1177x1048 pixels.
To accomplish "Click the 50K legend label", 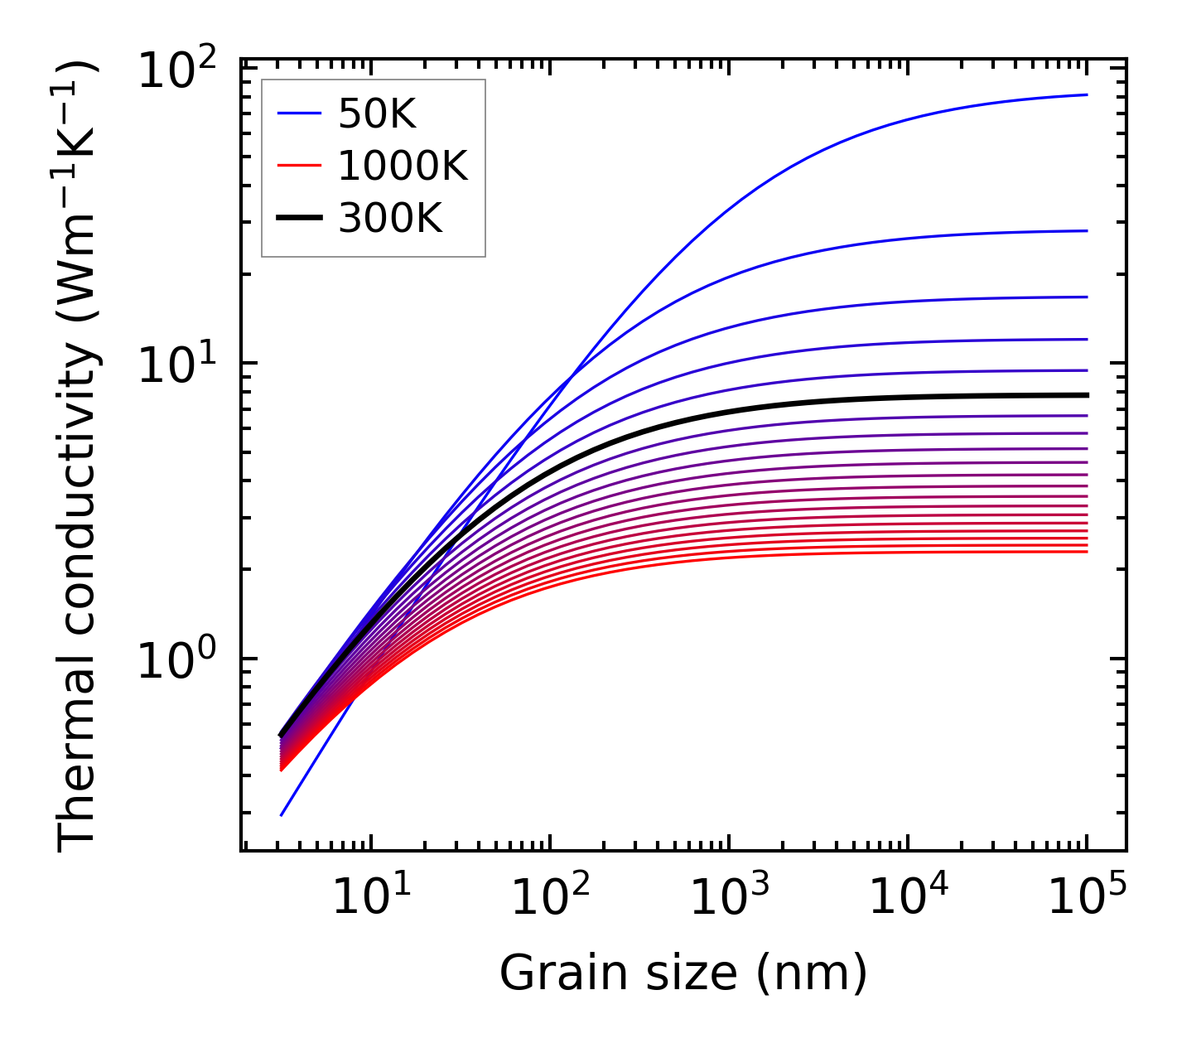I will pyautogui.click(x=377, y=115).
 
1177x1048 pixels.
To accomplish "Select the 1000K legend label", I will pyautogui.click(x=403, y=167).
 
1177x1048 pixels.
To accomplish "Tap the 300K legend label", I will pyautogui.click(x=390, y=219).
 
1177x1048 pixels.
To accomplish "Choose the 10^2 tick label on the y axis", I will pyautogui.click(x=176, y=72).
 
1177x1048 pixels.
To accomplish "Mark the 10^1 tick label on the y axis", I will pyautogui.click(x=176, y=365).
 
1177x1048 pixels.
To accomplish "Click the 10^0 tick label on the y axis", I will pyautogui.click(x=176, y=662).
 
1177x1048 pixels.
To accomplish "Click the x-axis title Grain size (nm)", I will pyautogui.click(x=683, y=973).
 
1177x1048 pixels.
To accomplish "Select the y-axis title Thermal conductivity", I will pyautogui.click(x=79, y=456).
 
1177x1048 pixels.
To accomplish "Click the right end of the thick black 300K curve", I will pyautogui.click(x=1086, y=395).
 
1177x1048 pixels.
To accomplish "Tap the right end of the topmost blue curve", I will pyautogui.click(x=1086, y=94).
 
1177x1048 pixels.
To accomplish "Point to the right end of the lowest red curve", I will pyautogui.click(x=1086, y=552).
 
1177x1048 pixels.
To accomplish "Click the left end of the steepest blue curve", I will pyautogui.click(x=282, y=815).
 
